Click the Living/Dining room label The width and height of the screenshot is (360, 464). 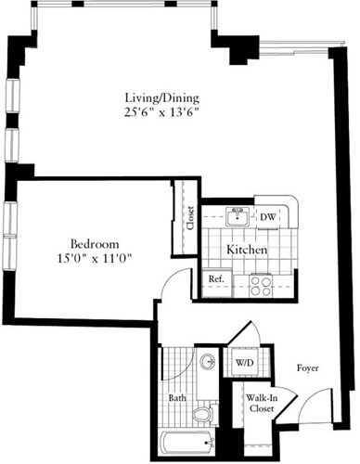162,97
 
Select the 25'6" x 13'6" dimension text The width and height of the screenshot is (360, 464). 162,113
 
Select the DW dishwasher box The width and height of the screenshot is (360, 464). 267,219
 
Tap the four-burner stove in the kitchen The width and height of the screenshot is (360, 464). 261,285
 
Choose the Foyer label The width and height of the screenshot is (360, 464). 307,368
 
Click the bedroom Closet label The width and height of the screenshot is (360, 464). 190,219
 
